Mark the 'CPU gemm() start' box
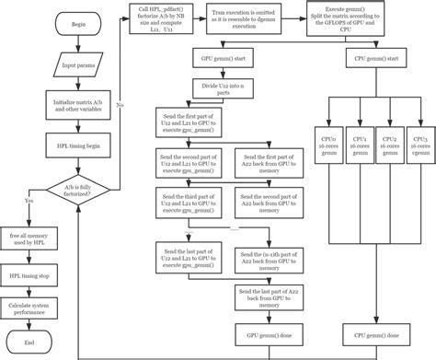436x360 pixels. tap(375, 59)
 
